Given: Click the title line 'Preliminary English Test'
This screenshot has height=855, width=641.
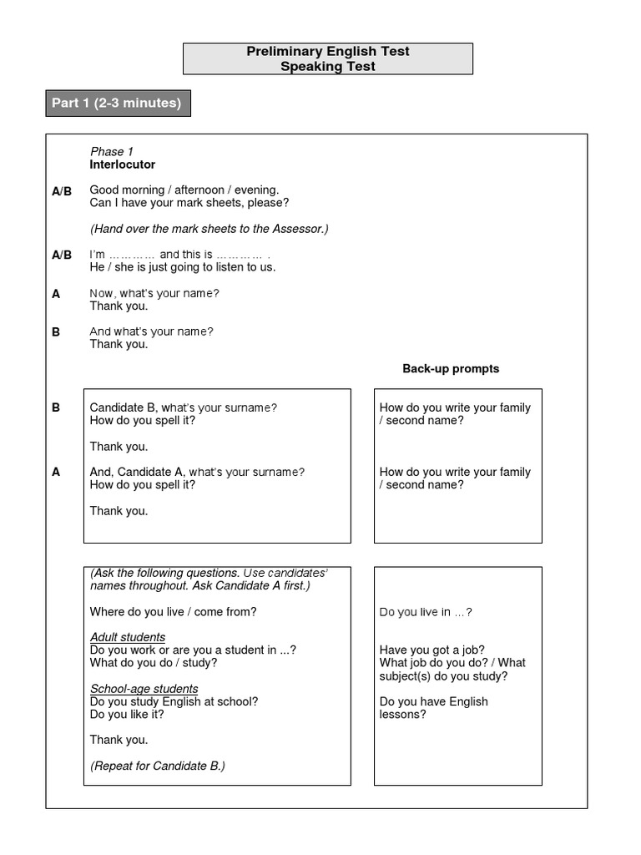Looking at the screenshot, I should (328, 52).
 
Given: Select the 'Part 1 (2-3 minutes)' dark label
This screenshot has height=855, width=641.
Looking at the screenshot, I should (117, 104).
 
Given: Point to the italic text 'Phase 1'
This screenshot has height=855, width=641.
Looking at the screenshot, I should (112, 151).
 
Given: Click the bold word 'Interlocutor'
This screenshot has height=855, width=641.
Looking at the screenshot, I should (123, 164).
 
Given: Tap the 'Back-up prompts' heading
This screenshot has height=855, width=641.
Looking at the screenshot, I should (451, 368).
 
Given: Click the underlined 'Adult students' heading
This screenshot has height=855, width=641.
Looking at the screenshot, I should (128, 638).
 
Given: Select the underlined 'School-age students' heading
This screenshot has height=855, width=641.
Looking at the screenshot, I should (144, 689).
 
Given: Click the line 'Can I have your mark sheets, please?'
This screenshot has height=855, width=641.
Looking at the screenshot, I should (189, 203).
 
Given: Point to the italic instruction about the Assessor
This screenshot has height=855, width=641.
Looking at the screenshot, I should (209, 229).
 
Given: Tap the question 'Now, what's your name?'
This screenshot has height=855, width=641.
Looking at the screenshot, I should (154, 293).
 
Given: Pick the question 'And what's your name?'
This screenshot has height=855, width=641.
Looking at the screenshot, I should (151, 331).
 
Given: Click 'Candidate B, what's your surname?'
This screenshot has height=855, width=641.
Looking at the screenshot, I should (183, 407).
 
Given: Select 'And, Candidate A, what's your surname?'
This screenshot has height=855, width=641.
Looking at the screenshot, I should (197, 472).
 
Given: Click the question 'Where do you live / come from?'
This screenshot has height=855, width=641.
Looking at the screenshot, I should (173, 612).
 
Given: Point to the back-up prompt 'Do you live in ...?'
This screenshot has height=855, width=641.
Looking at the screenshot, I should (426, 612).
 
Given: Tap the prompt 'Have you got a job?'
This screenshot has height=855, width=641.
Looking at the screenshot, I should (432, 650).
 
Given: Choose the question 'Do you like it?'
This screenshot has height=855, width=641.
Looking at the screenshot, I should (127, 714).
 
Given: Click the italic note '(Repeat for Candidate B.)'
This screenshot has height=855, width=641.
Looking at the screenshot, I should (158, 766).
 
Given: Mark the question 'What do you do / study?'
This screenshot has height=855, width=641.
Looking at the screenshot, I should (154, 663).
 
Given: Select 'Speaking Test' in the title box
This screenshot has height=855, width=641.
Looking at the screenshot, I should (328, 67).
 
